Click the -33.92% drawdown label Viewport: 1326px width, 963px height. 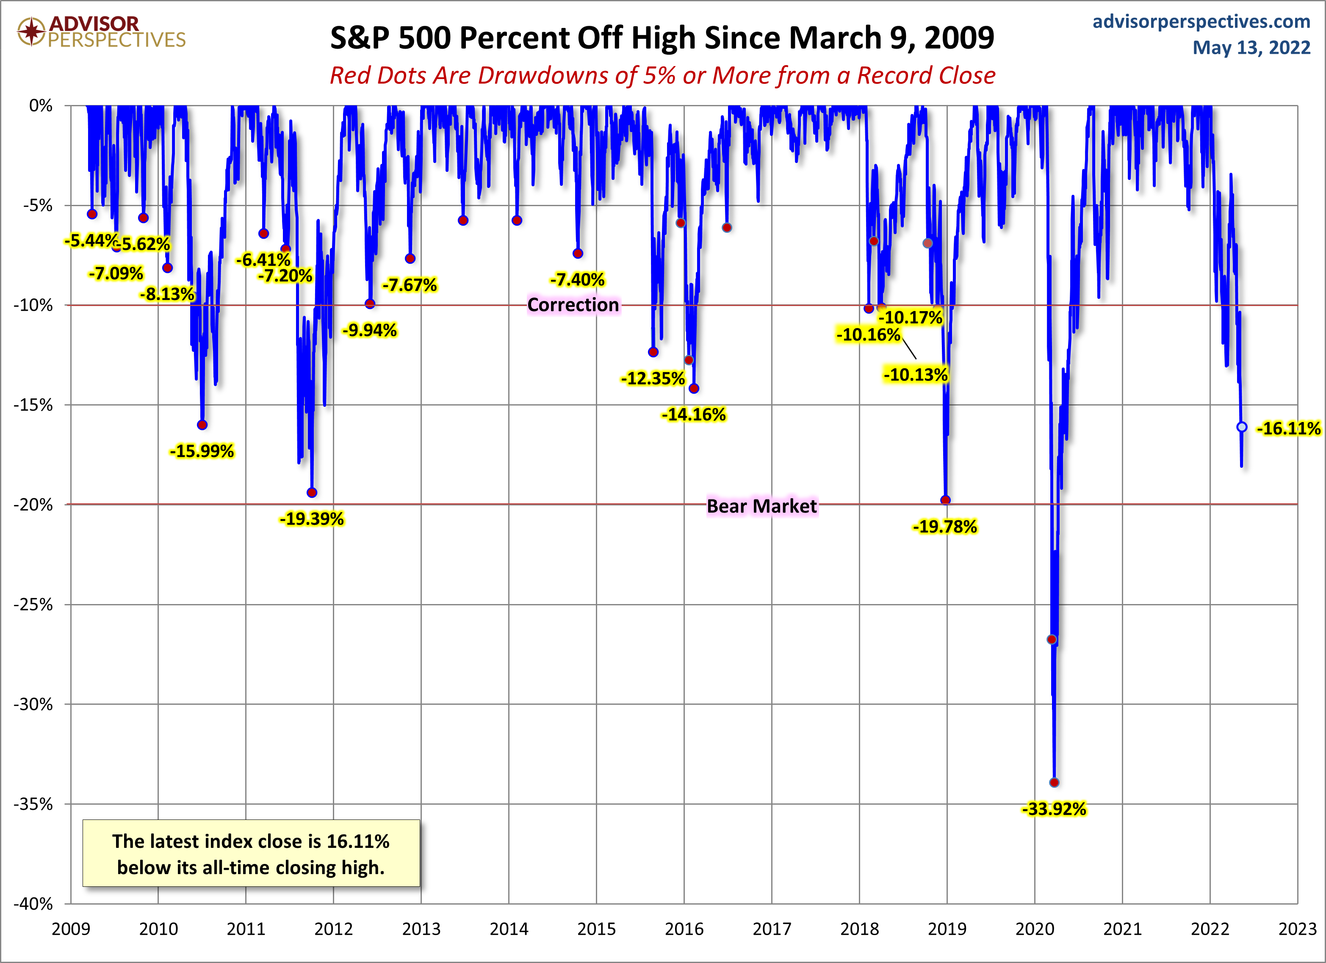pyautogui.click(x=1054, y=809)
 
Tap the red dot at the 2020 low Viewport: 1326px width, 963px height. pyautogui.click(x=1054, y=782)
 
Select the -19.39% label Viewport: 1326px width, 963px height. pyautogui.click(x=312, y=519)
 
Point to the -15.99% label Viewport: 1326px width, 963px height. pyautogui.click(x=202, y=451)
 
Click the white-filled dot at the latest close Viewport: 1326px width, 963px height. pyautogui.click(x=1242, y=427)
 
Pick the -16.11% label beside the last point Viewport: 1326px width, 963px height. pyautogui.click(x=1288, y=428)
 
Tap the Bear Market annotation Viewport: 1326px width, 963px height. pyautogui.click(x=761, y=506)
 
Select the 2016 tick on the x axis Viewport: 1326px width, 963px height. pyautogui.click(x=684, y=929)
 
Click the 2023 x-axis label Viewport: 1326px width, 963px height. pyautogui.click(x=1297, y=929)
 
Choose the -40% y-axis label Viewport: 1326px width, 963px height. pyautogui.click(x=33, y=904)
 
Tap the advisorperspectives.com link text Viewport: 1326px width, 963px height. pyautogui.click(x=1201, y=22)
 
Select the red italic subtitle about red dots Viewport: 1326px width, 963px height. pyautogui.click(x=662, y=75)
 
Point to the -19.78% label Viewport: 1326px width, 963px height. pyautogui.click(x=945, y=527)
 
